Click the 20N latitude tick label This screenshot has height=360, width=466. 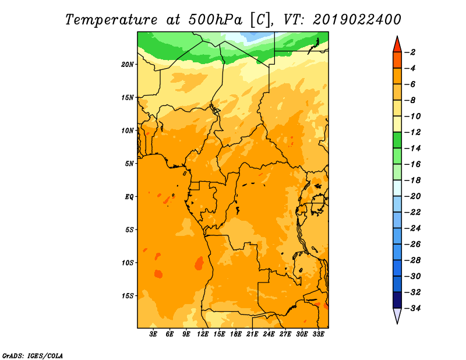pyautogui.click(x=127, y=65)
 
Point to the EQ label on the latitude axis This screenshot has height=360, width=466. pyautogui.click(x=129, y=197)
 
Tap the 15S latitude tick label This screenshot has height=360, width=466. pyautogui.click(x=128, y=296)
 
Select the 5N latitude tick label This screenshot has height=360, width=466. pyautogui.click(x=129, y=164)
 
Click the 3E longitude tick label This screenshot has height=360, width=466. pyautogui.click(x=153, y=334)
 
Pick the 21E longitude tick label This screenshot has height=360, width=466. pyautogui.click(x=252, y=334)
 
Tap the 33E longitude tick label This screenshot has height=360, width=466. pyautogui.click(x=318, y=334)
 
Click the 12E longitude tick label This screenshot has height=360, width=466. pyautogui.click(x=203, y=334)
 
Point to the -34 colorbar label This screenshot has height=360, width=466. pyautogui.click(x=412, y=308)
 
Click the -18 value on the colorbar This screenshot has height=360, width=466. pyautogui.click(x=412, y=181)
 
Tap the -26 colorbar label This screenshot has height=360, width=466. pyautogui.click(x=412, y=244)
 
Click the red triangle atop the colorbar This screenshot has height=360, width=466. pyautogui.click(x=397, y=45)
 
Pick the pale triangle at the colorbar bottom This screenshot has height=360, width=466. pyautogui.click(x=397, y=315)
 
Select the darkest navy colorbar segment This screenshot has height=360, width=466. pyautogui.click(x=397, y=300)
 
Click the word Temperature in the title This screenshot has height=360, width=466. pyautogui.click(x=111, y=20)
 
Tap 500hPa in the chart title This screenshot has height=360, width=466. pyautogui.click(x=215, y=20)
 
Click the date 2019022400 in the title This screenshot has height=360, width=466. pyautogui.click(x=357, y=20)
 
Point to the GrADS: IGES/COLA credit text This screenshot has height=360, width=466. pyautogui.click(x=33, y=356)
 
